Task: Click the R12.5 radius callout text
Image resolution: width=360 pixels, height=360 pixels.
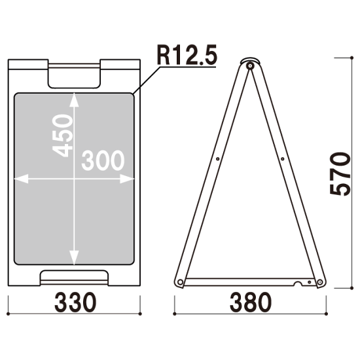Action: pos(187,55)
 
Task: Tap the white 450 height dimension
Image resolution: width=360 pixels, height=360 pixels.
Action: pos(62,135)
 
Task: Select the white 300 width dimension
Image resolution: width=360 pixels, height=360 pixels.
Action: pos(103,160)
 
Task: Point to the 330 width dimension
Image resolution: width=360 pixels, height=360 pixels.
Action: pos(75,302)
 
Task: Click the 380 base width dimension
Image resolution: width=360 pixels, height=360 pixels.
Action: pos(251,302)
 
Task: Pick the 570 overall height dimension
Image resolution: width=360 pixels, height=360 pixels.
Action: pos(340,174)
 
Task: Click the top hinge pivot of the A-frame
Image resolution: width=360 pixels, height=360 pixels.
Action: pos(250,66)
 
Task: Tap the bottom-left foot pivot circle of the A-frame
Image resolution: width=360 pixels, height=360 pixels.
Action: pos(181,282)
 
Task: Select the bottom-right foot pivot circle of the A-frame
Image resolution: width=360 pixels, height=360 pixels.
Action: pos(319,282)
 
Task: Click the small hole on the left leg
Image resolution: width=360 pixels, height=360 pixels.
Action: pos(218,159)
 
